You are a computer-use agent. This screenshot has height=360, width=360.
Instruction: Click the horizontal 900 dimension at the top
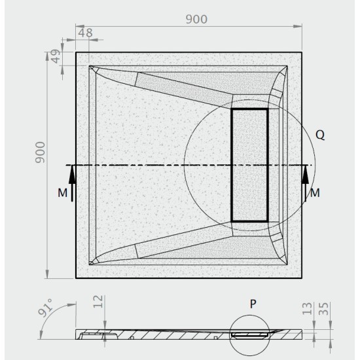[196, 20]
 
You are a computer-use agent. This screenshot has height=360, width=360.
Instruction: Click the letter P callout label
[252, 304]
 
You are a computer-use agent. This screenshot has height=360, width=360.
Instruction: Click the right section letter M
[315, 193]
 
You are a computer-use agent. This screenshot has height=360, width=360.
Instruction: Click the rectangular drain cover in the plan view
[249, 164]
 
